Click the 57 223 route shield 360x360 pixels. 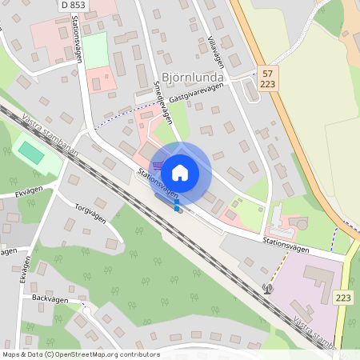[x=266, y=78]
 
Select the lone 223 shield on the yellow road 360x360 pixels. [x=344, y=297]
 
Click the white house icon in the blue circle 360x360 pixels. [x=180, y=173]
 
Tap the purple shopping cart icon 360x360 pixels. [x=158, y=166]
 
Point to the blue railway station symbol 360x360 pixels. [x=177, y=207]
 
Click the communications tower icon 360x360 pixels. [x=267, y=289]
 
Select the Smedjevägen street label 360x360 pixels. [x=162, y=101]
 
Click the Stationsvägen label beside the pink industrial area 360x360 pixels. [x=286, y=249]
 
